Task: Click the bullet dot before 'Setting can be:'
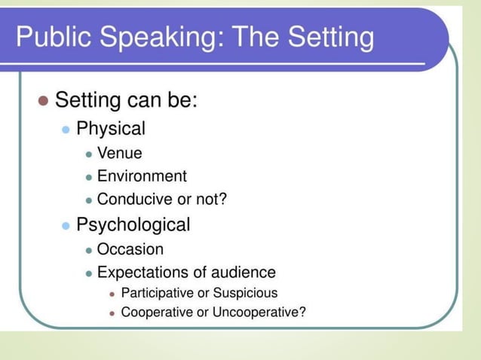pyautogui.click(x=43, y=100)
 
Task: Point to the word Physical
pyautogui.click(x=111, y=129)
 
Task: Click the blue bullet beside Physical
pyautogui.click(x=66, y=130)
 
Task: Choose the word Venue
pyautogui.click(x=119, y=154)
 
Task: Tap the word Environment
pyautogui.click(x=142, y=177)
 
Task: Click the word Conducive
pyautogui.click(x=133, y=200)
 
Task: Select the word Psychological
pyautogui.click(x=133, y=224)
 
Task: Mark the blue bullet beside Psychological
pyautogui.click(x=66, y=225)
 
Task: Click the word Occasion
pyautogui.click(x=130, y=249)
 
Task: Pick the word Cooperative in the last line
pyautogui.click(x=157, y=313)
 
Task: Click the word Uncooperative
pyautogui.click(x=259, y=313)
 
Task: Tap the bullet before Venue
pyautogui.click(x=89, y=154)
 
